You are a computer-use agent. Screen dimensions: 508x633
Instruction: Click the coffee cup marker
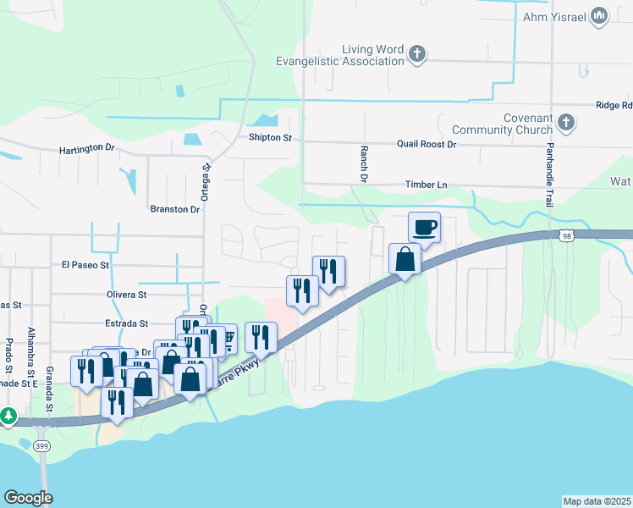click(424, 227)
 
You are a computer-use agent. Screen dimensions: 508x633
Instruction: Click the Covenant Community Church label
click(503, 124)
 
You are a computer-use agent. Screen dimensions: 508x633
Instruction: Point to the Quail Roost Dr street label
click(427, 145)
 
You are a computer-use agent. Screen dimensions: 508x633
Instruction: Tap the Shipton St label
click(270, 137)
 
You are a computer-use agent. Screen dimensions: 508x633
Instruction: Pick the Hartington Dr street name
click(86, 149)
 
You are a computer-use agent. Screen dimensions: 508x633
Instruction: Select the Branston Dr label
click(174, 209)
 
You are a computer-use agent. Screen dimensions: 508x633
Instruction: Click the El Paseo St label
click(85, 265)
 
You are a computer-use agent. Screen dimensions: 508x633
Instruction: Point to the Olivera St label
click(126, 295)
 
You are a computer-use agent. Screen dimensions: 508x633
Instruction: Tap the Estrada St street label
click(126, 323)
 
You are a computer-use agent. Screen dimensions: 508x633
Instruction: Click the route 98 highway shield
click(564, 236)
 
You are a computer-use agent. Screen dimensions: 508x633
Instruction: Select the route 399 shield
click(42, 445)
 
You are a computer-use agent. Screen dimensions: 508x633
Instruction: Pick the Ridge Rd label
click(614, 106)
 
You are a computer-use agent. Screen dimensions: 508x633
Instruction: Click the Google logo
click(28, 498)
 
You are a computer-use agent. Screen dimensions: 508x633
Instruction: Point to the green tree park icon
click(8, 416)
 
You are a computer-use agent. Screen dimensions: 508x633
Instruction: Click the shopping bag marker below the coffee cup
click(405, 259)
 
